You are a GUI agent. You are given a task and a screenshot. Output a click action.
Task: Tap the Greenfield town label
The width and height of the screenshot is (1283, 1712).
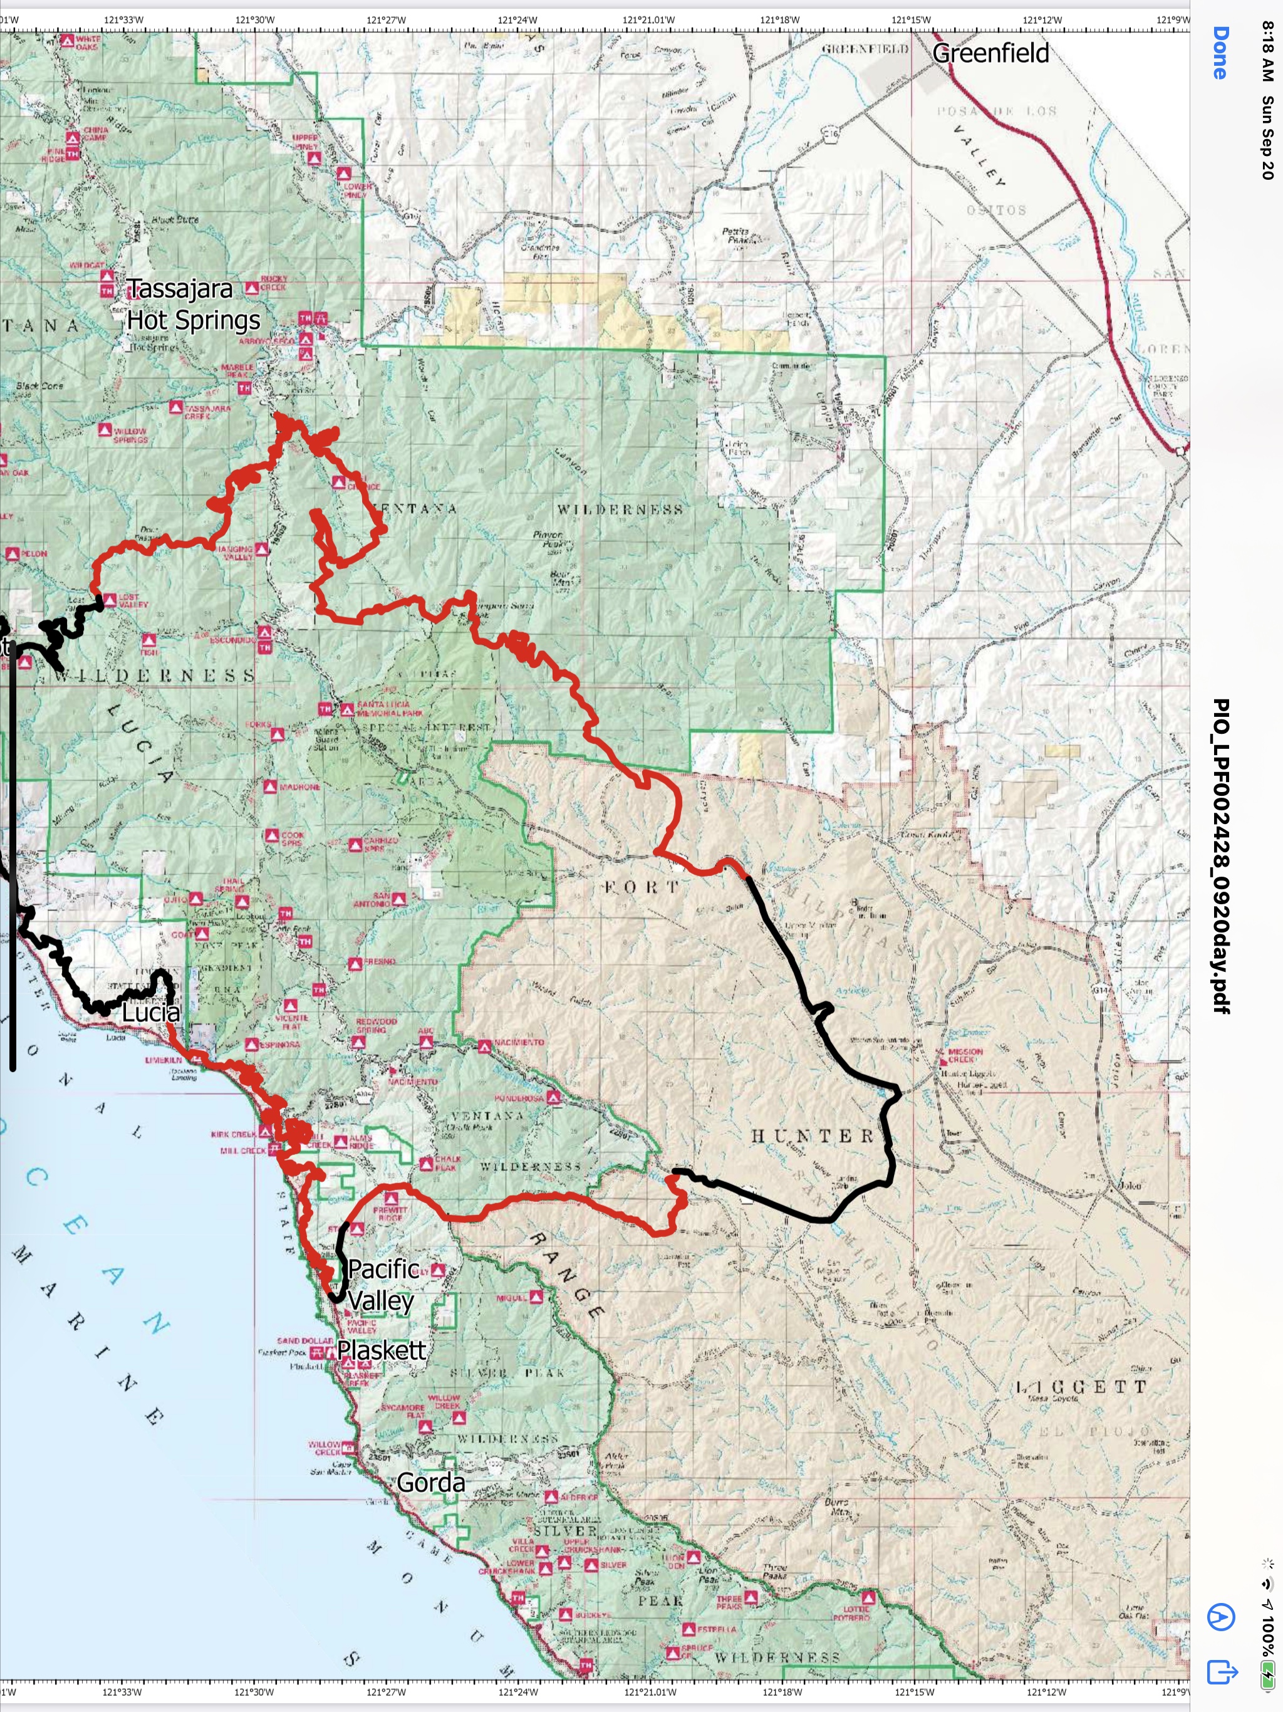pos(990,53)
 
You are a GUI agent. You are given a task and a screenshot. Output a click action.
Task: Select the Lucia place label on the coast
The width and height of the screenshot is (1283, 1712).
pos(151,1012)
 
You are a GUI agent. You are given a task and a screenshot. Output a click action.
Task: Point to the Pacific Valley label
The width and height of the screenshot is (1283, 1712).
pos(382,1284)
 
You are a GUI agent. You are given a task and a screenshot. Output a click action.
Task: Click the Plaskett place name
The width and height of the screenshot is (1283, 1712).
pos(381,1350)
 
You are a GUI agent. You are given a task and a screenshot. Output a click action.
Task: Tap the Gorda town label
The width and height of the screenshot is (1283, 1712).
pos(430,1482)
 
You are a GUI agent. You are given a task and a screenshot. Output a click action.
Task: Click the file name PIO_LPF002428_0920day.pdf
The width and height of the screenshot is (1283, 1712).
pos(1221,855)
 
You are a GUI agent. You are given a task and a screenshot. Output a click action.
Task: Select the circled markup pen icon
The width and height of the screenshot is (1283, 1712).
pos(1221,1617)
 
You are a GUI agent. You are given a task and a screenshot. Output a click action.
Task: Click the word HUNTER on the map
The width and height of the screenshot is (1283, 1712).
pos(813,1136)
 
